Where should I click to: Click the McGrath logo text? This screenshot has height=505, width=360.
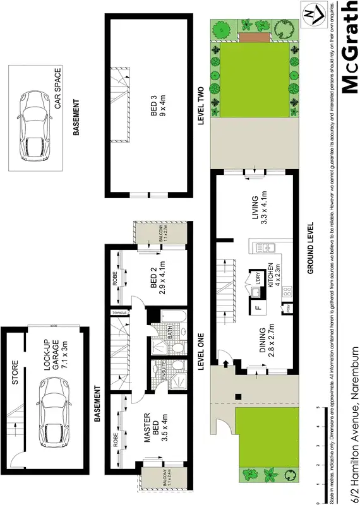point(349,47)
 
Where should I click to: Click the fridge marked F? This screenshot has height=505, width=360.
point(258,309)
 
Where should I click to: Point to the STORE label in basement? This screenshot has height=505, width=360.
point(15,372)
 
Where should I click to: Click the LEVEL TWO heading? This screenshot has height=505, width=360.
point(201,107)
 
